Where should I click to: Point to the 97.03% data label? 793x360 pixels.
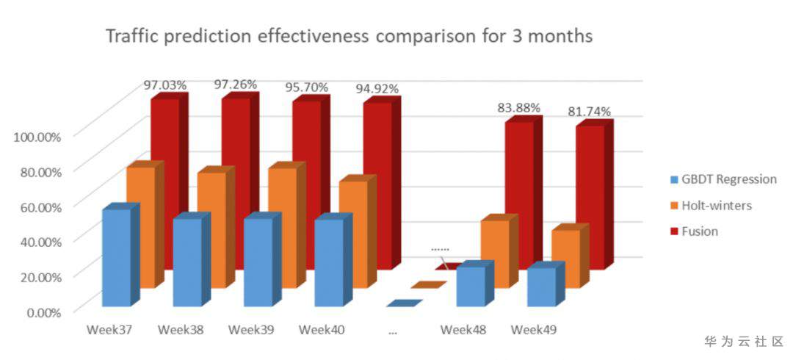[165, 84]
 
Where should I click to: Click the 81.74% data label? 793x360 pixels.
[590, 111]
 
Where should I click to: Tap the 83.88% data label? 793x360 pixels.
[519, 108]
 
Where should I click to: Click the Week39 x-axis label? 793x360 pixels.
[251, 330]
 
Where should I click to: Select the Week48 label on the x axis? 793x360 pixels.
[463, 330]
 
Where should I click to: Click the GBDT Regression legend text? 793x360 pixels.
[729, 179]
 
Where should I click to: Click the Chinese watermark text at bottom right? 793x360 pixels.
[743, 342]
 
